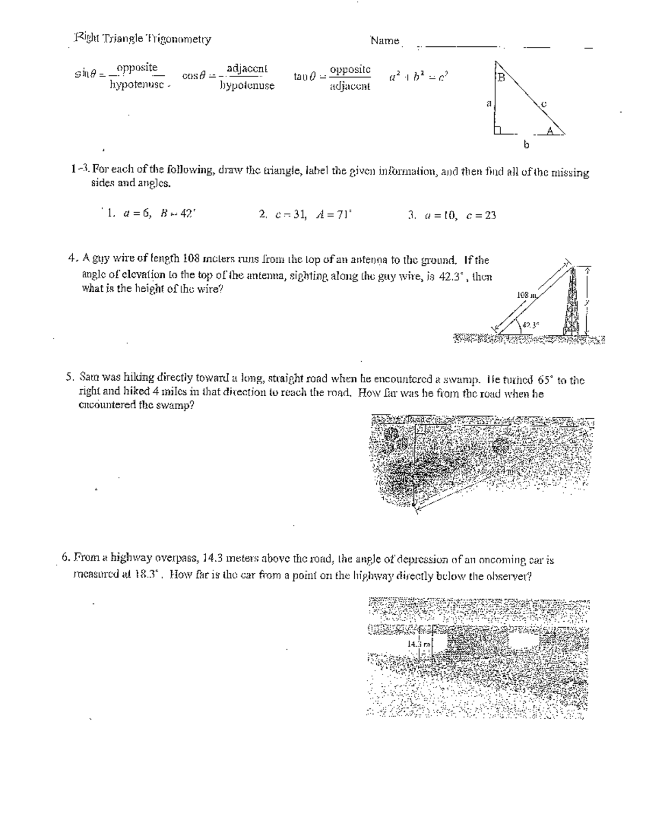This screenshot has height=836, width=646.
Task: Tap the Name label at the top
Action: click(384, 40)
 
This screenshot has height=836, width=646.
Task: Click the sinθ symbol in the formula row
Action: click(85, 75)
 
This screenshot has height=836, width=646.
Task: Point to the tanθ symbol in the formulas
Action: click(305, 76)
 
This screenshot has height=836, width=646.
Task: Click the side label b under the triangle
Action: click(526, 144)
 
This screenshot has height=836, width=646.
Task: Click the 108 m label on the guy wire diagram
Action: click(524, 295)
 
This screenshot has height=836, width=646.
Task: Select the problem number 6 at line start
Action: click(65, 559)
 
